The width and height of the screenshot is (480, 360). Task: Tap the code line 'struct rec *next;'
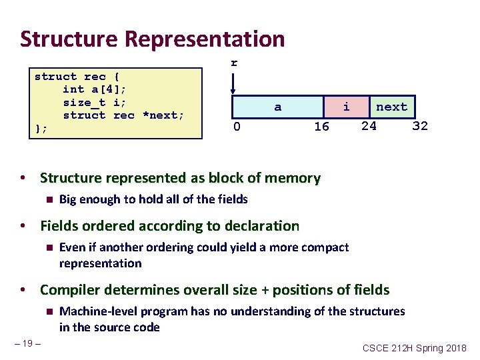pos(123,115)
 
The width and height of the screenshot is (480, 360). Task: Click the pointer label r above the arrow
pos(233,63)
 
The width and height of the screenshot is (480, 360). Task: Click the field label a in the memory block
pos(278,107)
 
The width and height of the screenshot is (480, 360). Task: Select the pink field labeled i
pos(346,107)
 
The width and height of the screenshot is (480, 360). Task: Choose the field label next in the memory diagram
pos(391,107)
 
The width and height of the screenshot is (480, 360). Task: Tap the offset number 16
pos(321,127)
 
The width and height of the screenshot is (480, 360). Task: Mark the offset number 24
pos(369,125)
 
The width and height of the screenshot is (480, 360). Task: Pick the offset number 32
pos(420,126)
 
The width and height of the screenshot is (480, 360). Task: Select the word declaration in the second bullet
pos(259,227)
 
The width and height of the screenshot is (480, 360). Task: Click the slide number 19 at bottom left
pos(27,343)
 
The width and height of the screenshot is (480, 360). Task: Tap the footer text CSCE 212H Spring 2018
pos(415,348)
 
